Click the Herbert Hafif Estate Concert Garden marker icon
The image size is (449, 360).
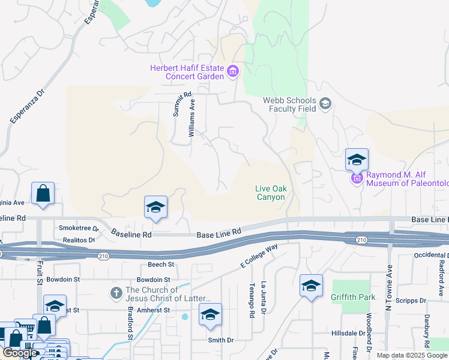[x=234, y=73]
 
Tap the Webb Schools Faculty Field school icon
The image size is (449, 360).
[x=325, y=104]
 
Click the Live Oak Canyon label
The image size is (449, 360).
[x=271, y=193]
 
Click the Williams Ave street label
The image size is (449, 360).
[x=192, y=118]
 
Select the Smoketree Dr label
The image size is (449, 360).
[x=79, y=228]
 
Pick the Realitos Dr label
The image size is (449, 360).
[x=79, y=239]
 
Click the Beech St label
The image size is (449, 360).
[x=161, y=264]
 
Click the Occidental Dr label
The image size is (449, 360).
[x=431, y=255]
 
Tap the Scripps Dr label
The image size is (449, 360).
[x=415, y=300]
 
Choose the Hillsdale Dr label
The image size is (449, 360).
[x=349, y=333]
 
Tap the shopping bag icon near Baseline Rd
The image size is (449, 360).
[x=43, y=194]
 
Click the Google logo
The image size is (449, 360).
[x=20, y=353]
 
